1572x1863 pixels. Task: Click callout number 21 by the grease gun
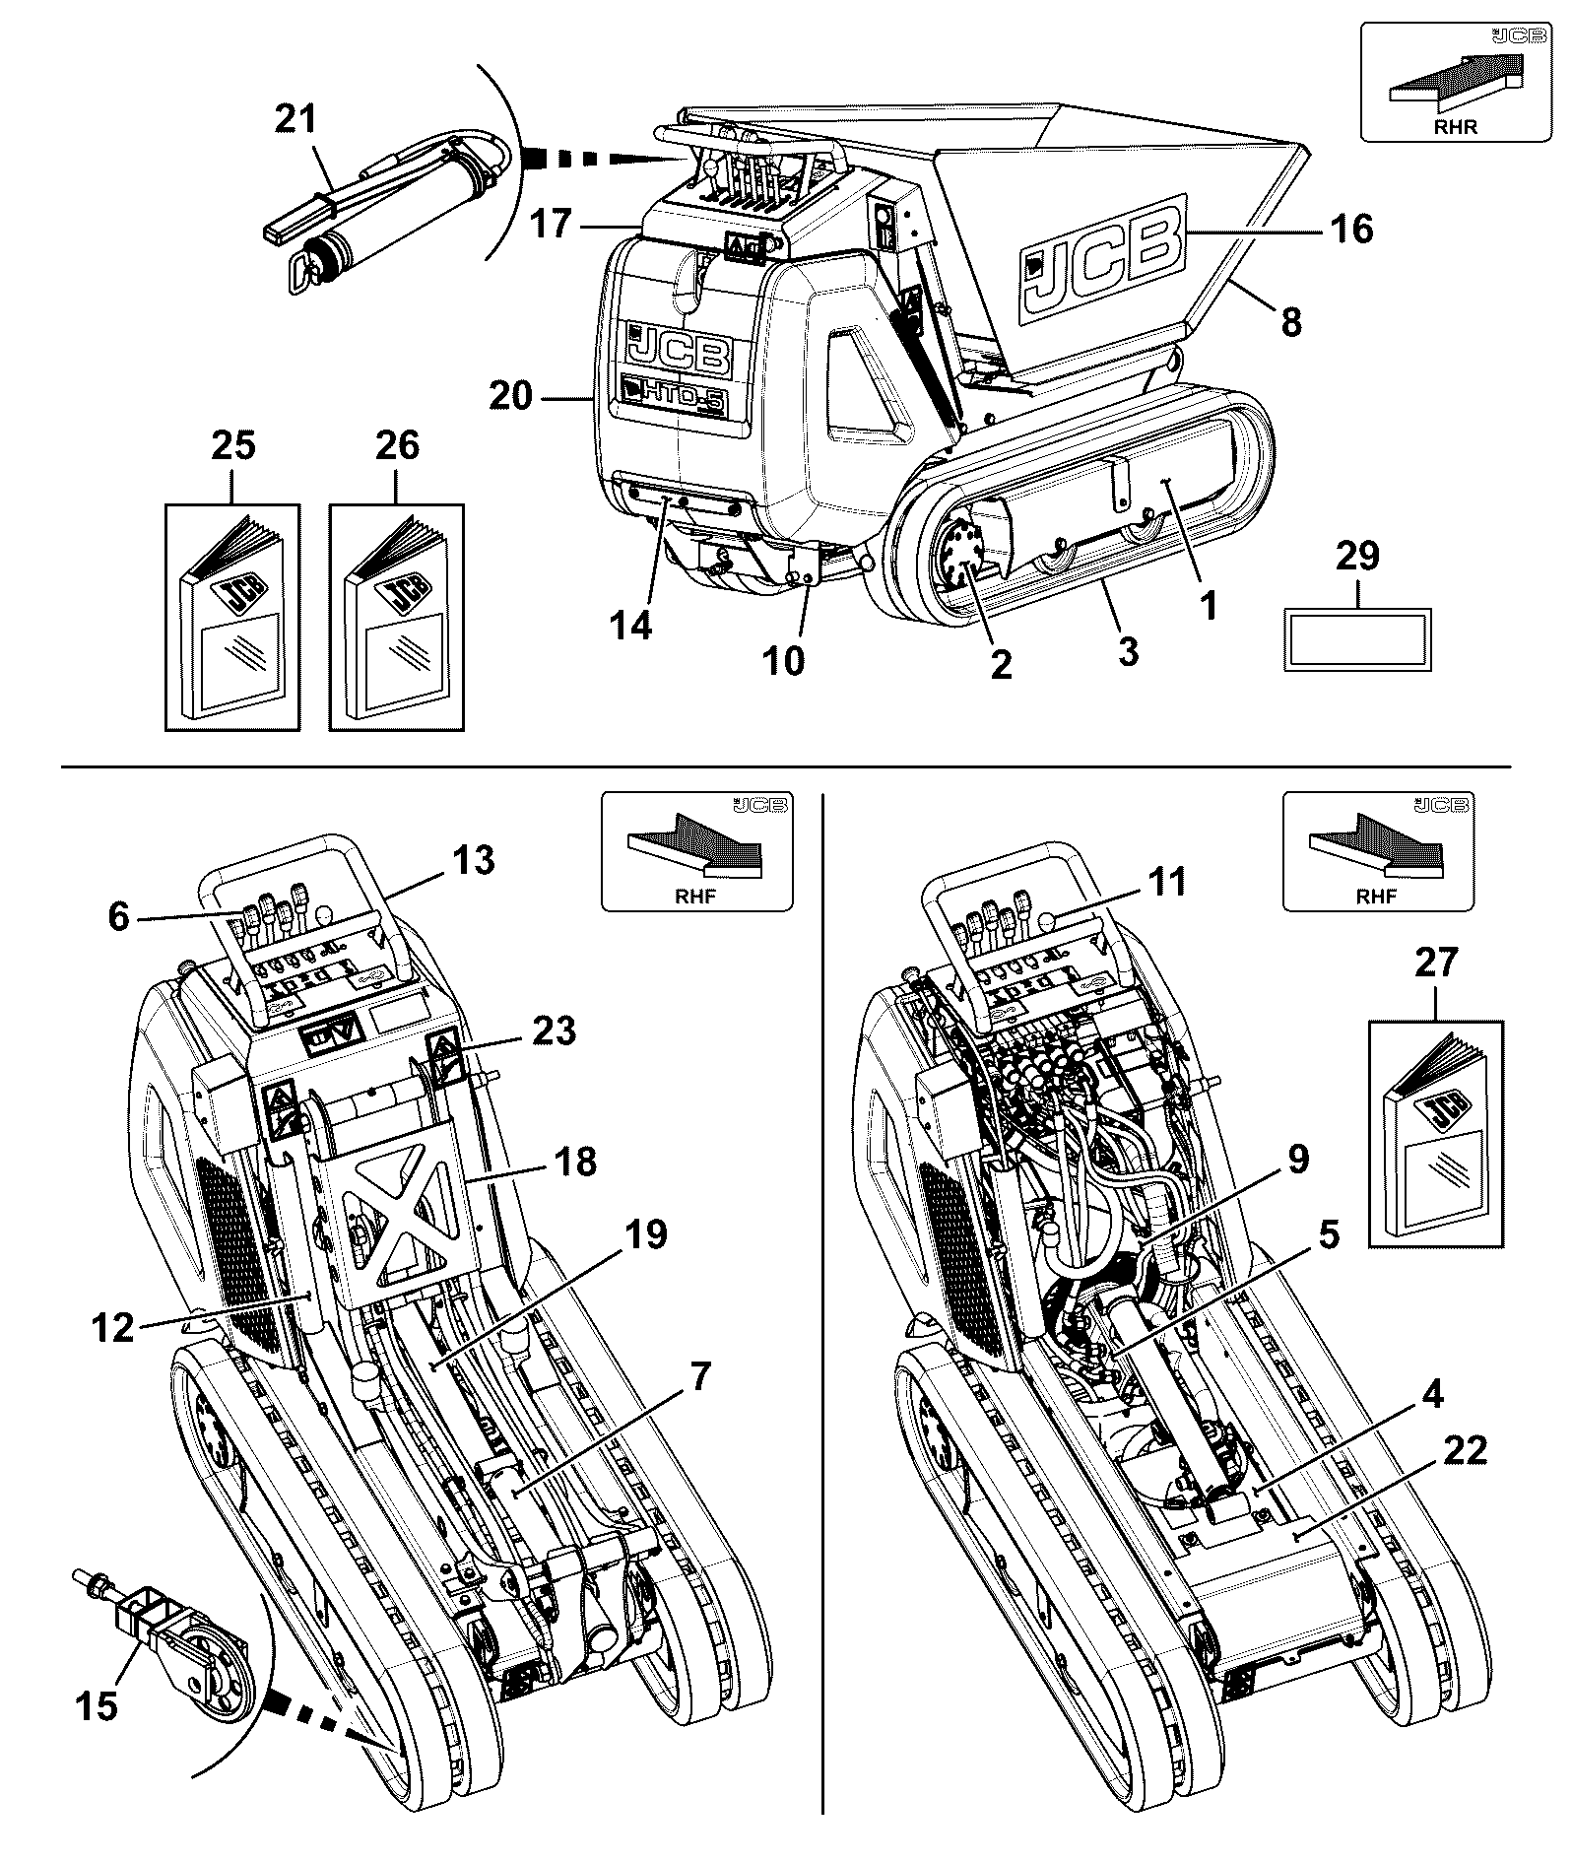pos(296,120)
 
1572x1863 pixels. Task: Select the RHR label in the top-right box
pos(1455,125)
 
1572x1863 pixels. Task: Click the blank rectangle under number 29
pos(1358,639)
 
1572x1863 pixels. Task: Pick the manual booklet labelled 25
pos(232,617)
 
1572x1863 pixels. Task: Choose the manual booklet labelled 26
pos(396,617)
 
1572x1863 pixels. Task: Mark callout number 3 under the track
pos(1128,651)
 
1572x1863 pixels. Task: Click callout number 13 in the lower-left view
pos(474,860)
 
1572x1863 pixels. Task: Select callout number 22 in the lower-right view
pos(1463,1451)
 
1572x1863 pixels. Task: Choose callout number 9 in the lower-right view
pos(1298,1160)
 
